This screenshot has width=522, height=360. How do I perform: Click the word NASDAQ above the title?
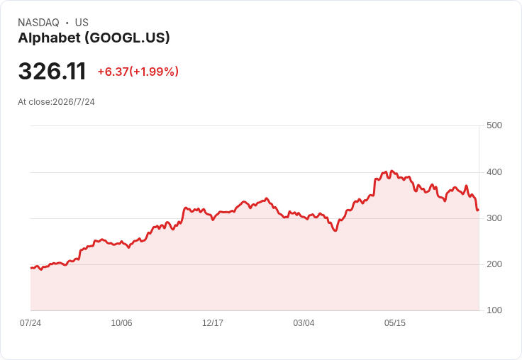click(38, 23)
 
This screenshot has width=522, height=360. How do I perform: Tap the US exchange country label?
click(82, 23)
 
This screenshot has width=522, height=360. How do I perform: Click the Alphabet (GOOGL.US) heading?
click(94, 38)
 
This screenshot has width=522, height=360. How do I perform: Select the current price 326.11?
click(52, 71)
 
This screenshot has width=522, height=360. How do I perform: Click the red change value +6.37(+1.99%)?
click(138, 72)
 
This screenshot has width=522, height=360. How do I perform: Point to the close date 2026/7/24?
click(74, 102)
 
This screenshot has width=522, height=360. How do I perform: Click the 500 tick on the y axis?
click(494, 125)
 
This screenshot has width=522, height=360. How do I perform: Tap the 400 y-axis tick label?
click(494, 172)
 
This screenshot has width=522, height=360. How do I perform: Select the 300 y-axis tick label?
click(494, 218)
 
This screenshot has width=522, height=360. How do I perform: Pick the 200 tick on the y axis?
click(494, 264)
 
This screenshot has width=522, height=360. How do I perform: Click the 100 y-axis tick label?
click(494, 310)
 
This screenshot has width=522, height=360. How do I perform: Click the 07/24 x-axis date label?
click(30, 323)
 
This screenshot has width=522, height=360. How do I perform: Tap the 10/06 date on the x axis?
click(121, 323)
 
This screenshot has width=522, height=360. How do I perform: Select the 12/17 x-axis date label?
click(213, 323)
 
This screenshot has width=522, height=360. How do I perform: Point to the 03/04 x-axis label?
click(304, 323)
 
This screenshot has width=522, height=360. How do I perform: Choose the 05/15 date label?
click(395, 323)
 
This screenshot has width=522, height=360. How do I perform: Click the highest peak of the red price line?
click(391, 171)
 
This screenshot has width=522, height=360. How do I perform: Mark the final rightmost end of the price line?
click(479, 210)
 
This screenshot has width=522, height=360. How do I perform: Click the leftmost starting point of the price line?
click(31, 268)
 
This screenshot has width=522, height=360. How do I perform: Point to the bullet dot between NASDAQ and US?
click(67, 23)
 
